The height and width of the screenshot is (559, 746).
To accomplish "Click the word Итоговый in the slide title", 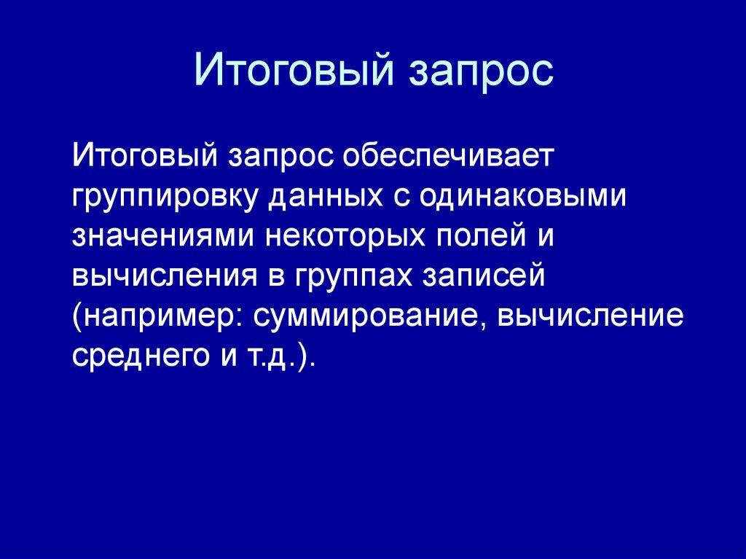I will tap(288, 71).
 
